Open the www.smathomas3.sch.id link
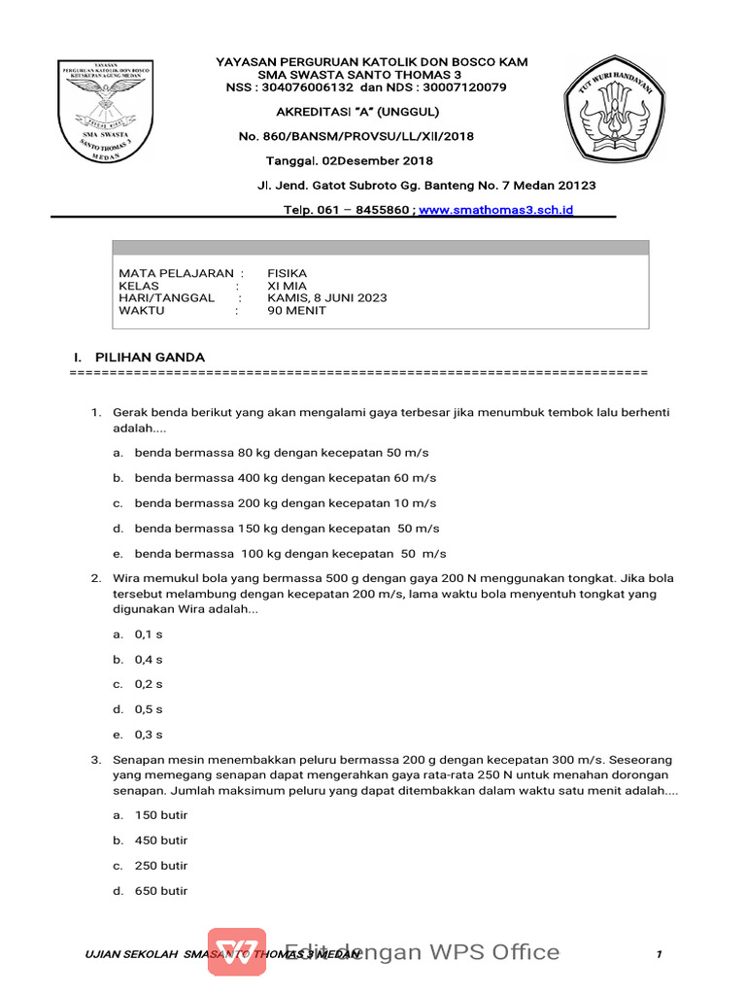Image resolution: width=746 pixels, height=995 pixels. tap(495, 210)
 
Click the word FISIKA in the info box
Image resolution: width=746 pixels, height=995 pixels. tap(287, 274)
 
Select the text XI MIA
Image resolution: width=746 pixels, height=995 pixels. tap(287, 287)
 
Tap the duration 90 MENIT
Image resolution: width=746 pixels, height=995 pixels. tap(297, 311)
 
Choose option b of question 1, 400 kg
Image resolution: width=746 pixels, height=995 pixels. tap(286, 478)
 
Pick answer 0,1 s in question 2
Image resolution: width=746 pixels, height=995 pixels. tap(149, 634)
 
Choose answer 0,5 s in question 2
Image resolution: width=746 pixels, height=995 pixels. tap(149, 709)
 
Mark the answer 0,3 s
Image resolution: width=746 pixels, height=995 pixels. tap(149, 735)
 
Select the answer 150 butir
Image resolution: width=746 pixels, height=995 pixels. tap(161, 815)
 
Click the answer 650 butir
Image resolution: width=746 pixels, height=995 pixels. tap(161, 891)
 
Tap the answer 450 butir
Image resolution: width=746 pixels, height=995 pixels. tap(161, 841)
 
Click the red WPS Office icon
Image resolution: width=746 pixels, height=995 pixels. tap(236, 951)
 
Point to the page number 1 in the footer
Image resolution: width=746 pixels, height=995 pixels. tap(659, 955)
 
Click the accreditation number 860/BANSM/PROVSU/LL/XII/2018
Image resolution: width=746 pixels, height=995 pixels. tap(356, 137)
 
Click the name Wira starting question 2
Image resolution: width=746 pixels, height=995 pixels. tap(129, 578)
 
